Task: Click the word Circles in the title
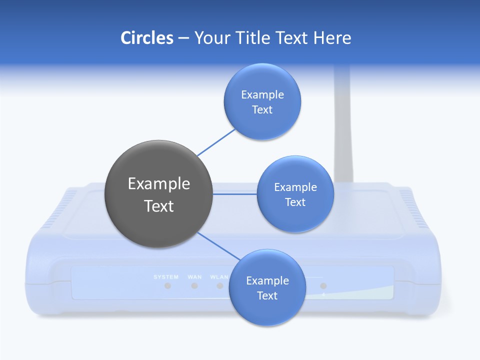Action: click(147, 38)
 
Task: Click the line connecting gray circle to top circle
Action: click(216, 142)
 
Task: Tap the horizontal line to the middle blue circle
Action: click(235, 193)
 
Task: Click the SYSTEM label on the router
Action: click(166, 276)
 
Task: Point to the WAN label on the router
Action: click(194, 276)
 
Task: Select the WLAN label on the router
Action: click(219, 276)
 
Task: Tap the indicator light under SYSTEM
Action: click(168, 286)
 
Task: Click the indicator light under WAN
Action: click(194, 286)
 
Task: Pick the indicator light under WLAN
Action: click(220, 286)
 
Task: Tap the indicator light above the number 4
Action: click(323, 286)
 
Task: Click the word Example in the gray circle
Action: click(159, 183)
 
